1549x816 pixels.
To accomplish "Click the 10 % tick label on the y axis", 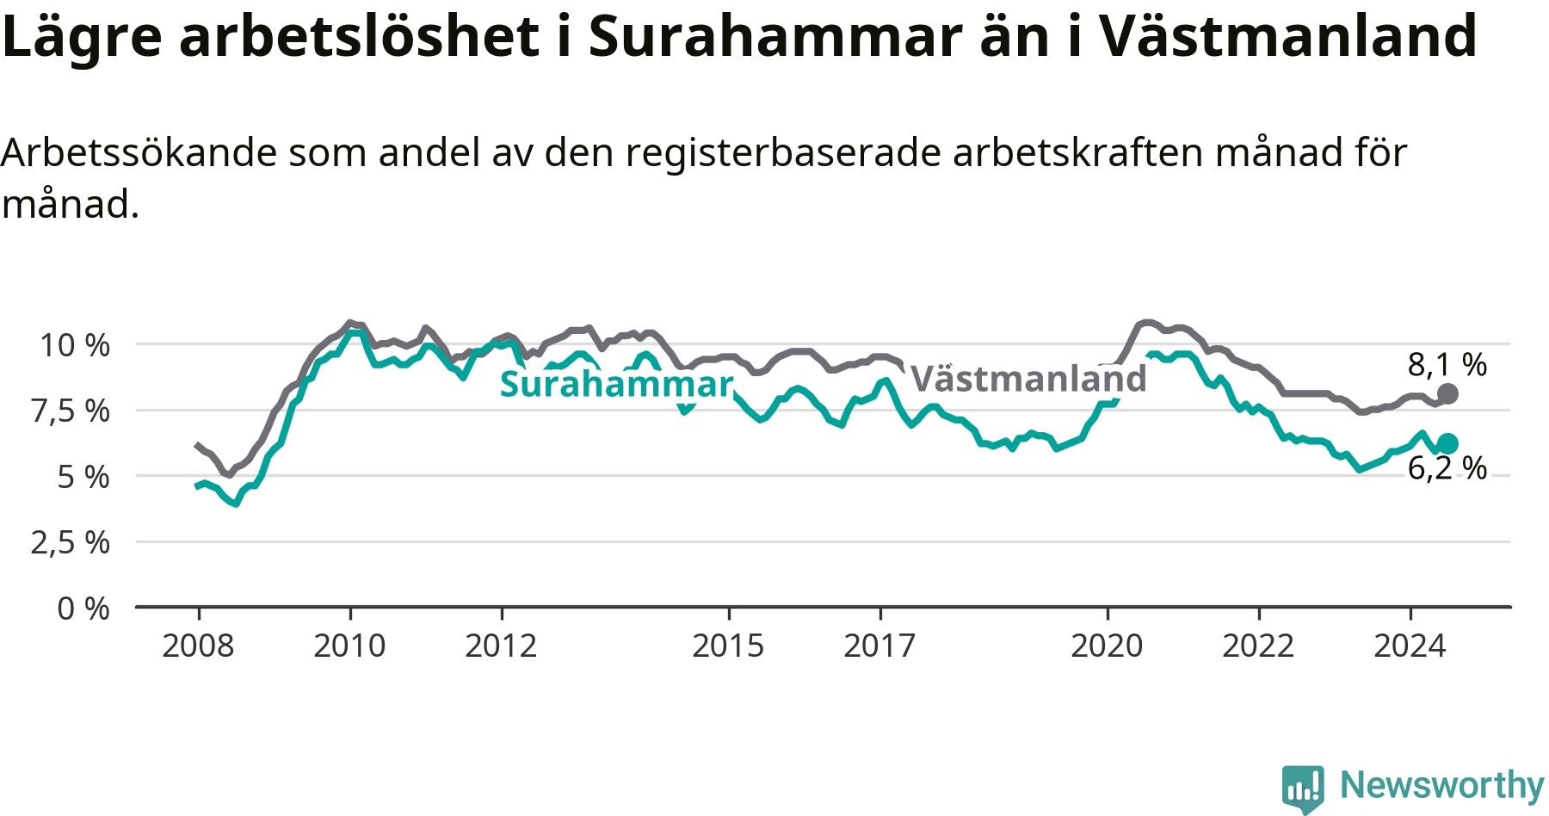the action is point(75,345).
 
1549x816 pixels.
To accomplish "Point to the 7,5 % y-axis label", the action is point(71,411).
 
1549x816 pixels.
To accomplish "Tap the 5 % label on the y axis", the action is point(83,477).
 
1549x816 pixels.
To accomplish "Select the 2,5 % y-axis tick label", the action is point(71,543).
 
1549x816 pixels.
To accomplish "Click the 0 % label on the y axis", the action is point(83,609).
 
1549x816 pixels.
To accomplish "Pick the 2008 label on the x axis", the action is point(198,646).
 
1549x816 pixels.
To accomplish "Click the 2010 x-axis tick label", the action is point(349,646).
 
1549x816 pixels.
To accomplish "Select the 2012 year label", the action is point(501,646).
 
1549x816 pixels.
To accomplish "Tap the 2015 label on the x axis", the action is point(728,646).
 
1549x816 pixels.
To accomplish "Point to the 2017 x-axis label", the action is point(879,646).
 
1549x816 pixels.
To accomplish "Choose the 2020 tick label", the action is point(1107,646).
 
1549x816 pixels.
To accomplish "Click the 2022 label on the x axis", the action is point(1258,646).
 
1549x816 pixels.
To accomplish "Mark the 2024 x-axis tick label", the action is point(1410,646).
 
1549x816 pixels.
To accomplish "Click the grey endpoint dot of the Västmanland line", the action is point(1447,394).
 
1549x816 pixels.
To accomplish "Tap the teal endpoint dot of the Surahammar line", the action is point(1447,443).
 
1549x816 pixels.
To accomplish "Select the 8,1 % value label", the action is point(1447,365).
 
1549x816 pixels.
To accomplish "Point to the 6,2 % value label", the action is point(1447,468).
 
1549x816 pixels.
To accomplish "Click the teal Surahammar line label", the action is point(616,385).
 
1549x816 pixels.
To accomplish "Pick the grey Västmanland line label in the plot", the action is point(1028,379).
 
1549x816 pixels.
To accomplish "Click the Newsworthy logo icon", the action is point(1303,788).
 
